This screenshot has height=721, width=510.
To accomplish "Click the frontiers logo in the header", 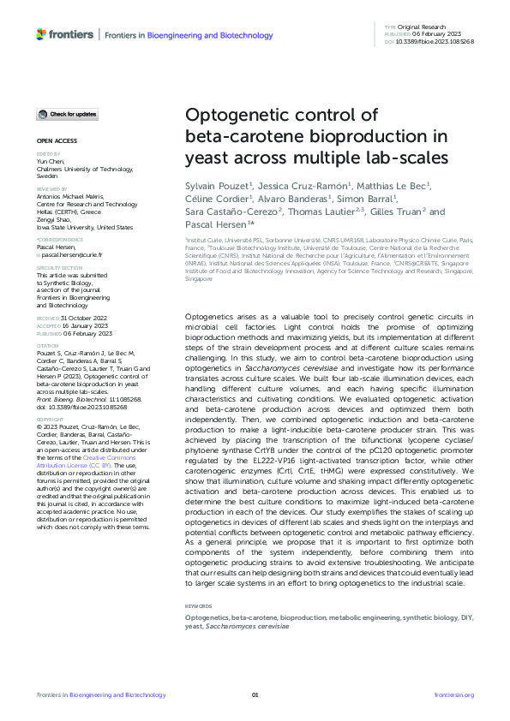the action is click(x=64, y=34).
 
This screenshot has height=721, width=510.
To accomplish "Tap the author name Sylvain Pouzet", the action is click(x=219, y=187).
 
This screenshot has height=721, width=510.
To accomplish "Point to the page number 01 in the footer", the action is click(x=255, y=695).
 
